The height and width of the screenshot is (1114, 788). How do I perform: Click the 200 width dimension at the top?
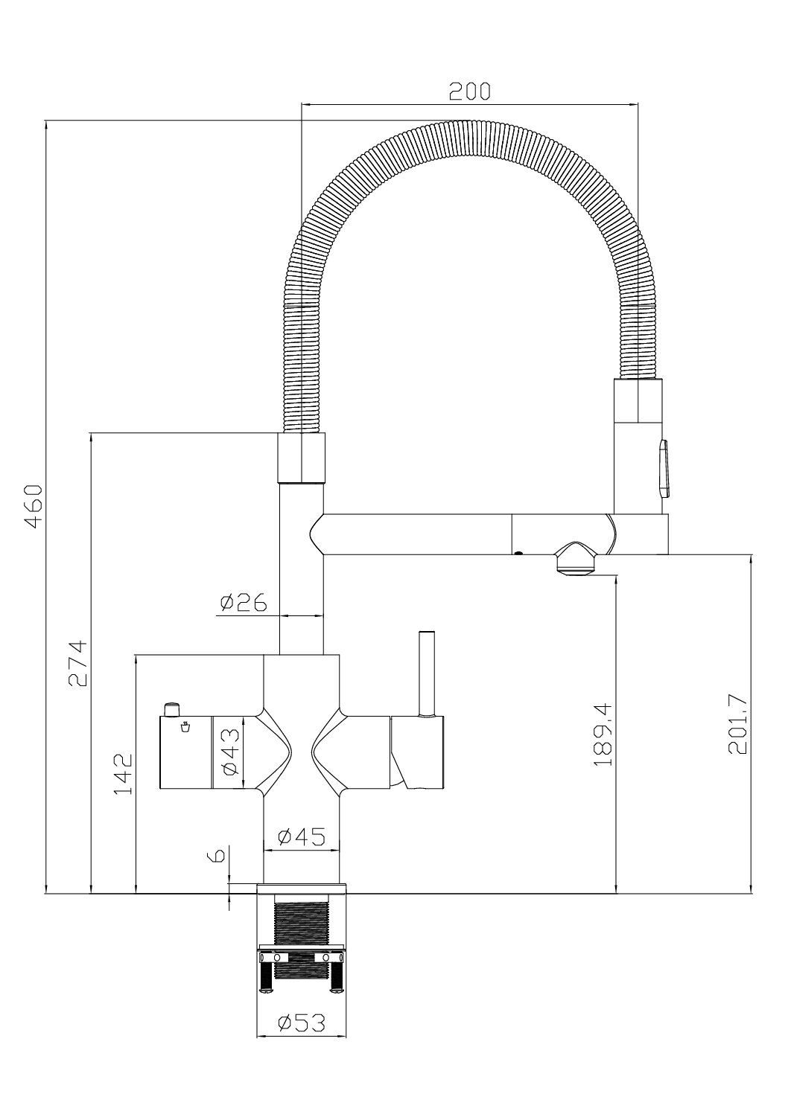(469, 91)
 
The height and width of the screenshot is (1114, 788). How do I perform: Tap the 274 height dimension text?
(77, 664)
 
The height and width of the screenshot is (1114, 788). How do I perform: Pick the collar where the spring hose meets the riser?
(301, 458)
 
